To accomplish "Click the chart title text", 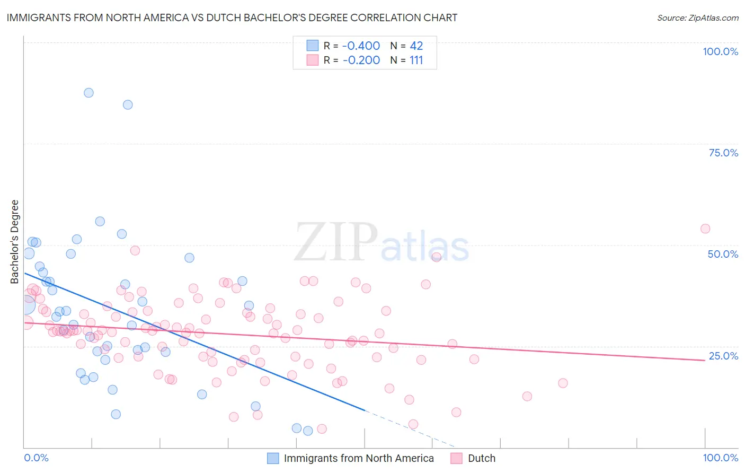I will [x=232, y=17].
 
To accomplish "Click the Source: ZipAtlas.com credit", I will [x=697, y=17].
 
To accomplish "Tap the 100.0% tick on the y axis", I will [x=720, y=51].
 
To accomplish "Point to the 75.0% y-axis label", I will [x=723, y=153].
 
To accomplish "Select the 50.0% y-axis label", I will [x=723, y=254].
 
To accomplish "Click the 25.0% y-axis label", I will [x=723, y=356].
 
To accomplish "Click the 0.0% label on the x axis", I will [x=36, y=458].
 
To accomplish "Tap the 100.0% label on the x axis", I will [x=720, y=458].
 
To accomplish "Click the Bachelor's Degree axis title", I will [x=15, y=241].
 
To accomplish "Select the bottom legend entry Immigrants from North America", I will [x=359, y=458].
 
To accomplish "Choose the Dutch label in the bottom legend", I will [x=481, y=458].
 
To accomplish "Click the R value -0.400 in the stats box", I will [x=361, y=46].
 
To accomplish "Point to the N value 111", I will [x=416, y=60].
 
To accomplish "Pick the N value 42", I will [x=416, y=46].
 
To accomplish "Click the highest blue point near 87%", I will [x=88, y=93].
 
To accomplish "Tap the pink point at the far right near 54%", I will [x=705, y=229].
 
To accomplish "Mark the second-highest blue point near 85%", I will [x=128, y=104].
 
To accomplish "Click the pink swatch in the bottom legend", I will [x=457, y=458].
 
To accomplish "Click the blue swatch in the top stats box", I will [x=313, y=46].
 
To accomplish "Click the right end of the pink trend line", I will [x=705, y=360].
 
